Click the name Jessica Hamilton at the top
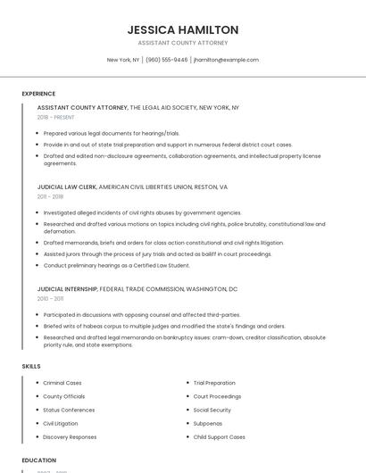tap(183, 29)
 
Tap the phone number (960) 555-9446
tap(167, 60)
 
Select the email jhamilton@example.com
tap(226, 60)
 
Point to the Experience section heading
tap(38, 93)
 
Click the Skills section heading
tap(31, 366)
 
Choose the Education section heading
tap(39, 460)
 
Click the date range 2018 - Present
tap(56, 117)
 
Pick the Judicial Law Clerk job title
tap(67, 187)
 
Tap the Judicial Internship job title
tap(68, 289)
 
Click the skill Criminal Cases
tap(62, 383)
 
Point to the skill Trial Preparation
tap(214, 383)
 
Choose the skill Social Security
tap(212, 410)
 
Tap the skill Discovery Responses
tap(70, 437)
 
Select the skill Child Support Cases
tap(219, 437)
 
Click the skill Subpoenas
tap(208, 423)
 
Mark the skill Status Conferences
tap(68, 410)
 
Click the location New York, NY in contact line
tap(123, 60)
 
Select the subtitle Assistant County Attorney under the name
tap(183, 43)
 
